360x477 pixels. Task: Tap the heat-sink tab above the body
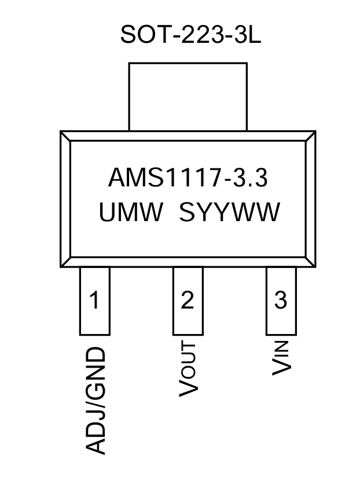pos(188,96)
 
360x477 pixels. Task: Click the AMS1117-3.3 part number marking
pos(188,178)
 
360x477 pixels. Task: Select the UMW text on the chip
pos(131,213)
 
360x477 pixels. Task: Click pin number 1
pos(94,300)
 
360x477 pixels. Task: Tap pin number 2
pos(188,300)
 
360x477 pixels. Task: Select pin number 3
pos(281,300)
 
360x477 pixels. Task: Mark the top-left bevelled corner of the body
pos(65,137)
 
